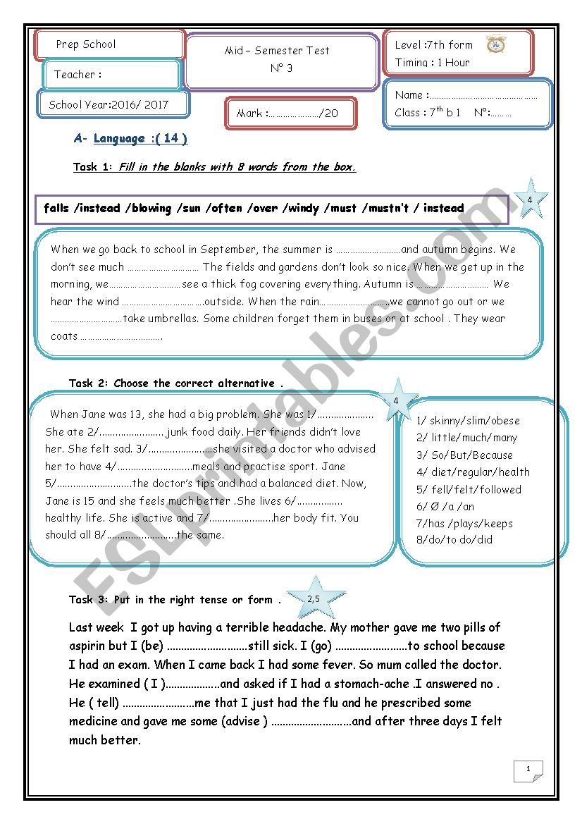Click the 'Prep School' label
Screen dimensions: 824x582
click(86, 44)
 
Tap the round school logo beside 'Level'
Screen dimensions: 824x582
click(496, 44)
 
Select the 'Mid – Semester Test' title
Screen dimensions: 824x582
click(277, 51)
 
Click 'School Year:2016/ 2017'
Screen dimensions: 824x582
click(109, 105)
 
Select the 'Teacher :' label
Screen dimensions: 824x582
click(78, 75)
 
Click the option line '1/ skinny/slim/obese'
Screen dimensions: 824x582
click(468, 421)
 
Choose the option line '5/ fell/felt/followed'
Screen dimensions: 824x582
click(469, 489)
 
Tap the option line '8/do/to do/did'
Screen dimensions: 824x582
click(454, 540)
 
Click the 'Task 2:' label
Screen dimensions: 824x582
click(89, 383)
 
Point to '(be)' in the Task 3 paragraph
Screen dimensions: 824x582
click(152, 646)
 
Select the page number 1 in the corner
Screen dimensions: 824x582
click(529, 770)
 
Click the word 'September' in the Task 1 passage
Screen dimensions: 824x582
click(228, 250)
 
